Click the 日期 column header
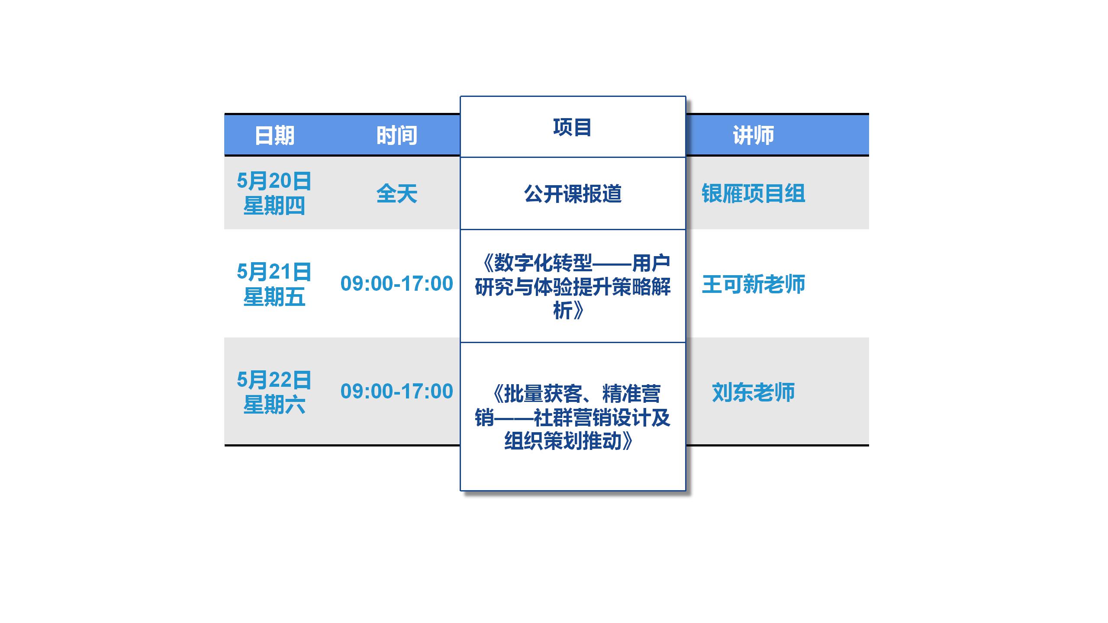tap(274, 135)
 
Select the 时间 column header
tap(396, 135)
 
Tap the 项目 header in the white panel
tap(572, 127)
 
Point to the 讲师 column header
tap(753, 135)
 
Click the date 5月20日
tap(274, 181)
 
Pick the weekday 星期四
tap(274, 206)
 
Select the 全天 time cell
tap(396, 193)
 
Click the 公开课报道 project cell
tap(573, 194)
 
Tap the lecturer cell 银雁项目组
tap(753, 193)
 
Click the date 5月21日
tap(274, 272)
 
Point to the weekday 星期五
tap(274, 297)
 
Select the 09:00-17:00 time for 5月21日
tap(396, 284)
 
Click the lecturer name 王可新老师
tap(753, 284)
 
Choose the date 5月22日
tap(274, 380)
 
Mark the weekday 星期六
tap(274, 405)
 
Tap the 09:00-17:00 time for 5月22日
tap(396, 392)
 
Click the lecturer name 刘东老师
tap(753, 392)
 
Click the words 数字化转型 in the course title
tap(543, 263)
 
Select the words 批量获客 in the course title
tap(543, 394)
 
